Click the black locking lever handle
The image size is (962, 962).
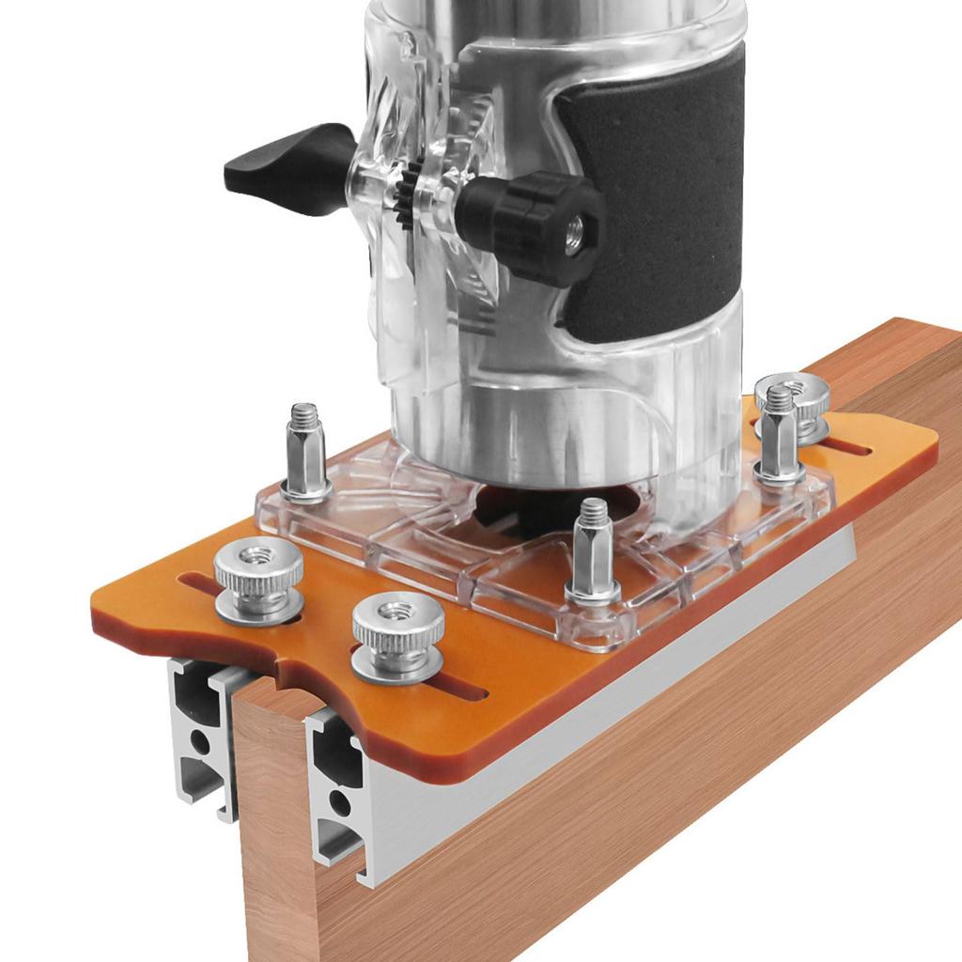pos(282,169)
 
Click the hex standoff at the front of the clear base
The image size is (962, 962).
pos(592,554)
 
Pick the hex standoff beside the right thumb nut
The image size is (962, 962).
pos(779,437)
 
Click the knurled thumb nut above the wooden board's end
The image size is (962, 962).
pos(397,634)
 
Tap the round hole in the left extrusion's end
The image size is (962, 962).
pos(201,742)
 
